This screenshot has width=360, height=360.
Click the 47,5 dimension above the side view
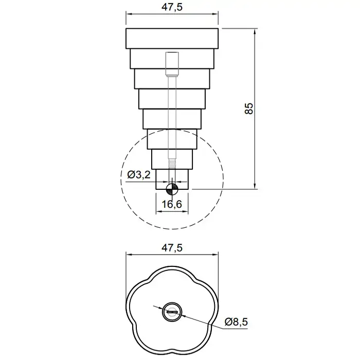(x=172, y=7)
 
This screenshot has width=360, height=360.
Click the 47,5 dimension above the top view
(x=172, y=248)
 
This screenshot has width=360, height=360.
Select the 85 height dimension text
(x=249, y=109)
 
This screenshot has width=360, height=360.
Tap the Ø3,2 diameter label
(x=139, y=175)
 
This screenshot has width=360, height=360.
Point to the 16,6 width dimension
(x=172, y=204)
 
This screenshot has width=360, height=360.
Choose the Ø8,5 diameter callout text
(x=236, y=322)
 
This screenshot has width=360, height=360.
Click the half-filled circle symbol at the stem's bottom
(x=172, y=189)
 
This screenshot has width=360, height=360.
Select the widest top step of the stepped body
(x=172, y=39)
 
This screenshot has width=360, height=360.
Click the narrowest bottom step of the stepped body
(x=172, y=179)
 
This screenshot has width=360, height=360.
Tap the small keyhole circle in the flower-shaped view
(x=172, y=312)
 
